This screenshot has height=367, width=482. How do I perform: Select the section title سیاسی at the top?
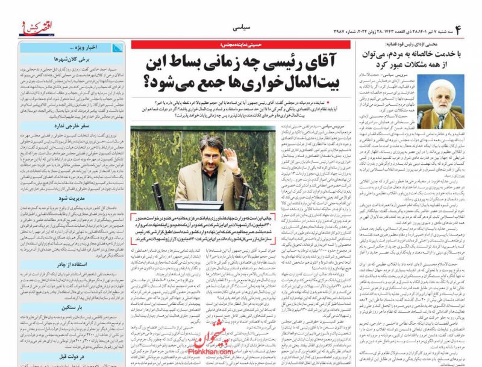point(242,28)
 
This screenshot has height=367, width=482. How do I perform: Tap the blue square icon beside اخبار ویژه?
point(116,47)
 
